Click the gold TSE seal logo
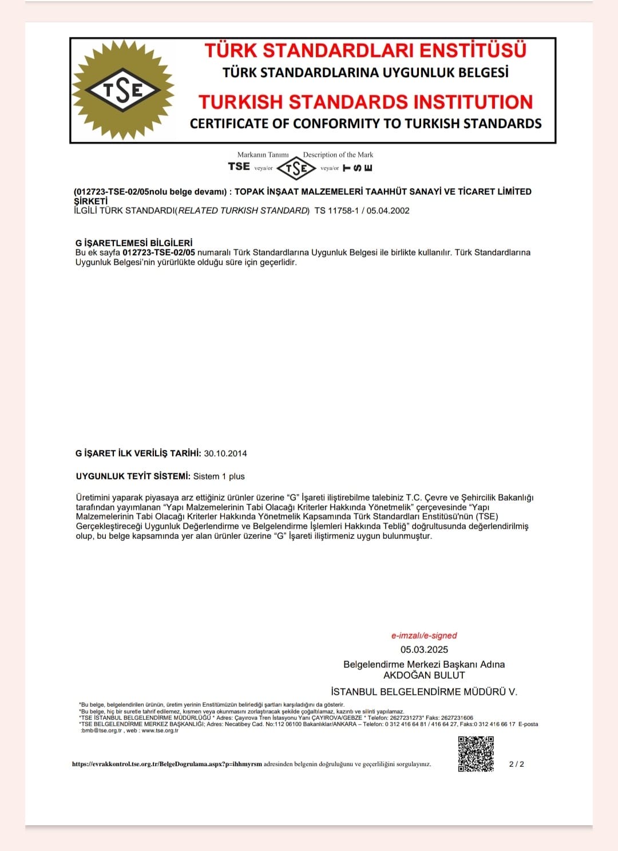point(122,90)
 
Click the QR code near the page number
point(476,754)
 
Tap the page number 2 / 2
point(516,764)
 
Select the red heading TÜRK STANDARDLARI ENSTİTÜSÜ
point(365,50)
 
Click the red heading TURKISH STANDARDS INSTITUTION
point(366,102)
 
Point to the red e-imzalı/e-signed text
point(424,635)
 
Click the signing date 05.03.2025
point(424,649)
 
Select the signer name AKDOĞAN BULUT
point(424,675)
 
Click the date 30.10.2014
point(225,454)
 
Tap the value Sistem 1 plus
point(219,476)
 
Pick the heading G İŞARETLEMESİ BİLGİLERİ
point(134,243)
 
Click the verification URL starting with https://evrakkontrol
point(167,764)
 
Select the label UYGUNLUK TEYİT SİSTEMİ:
point(133,476)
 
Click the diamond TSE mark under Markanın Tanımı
point(296,168)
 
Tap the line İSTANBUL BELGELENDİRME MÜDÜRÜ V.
point(424,692)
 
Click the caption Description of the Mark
point(338,155)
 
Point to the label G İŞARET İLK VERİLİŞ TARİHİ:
point(138,454)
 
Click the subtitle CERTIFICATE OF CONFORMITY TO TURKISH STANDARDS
point(366,124)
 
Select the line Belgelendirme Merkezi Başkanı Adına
point(424,664)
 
